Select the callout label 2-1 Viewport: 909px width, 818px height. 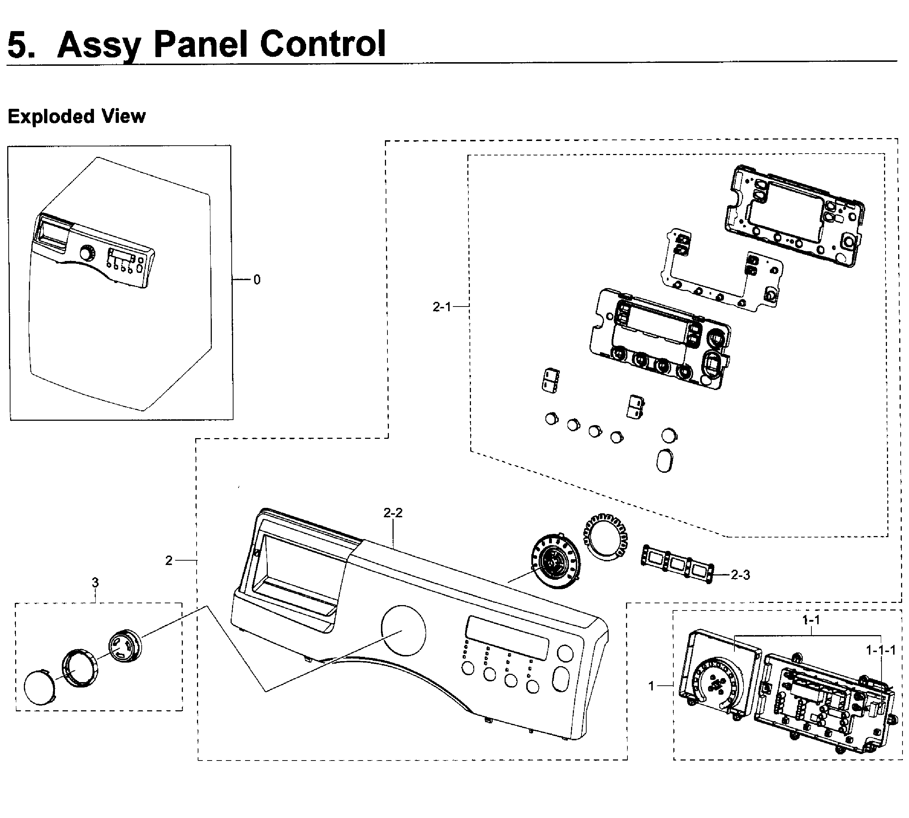click(x=441, y=307)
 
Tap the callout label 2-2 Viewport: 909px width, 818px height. click(x=393, y=513)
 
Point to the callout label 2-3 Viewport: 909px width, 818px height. click(x=740, y=575)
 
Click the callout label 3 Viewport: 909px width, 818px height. click(x=95, y=583)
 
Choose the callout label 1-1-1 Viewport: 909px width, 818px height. click(x=881, y=650)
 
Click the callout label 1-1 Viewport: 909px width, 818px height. click(x=811, y=620)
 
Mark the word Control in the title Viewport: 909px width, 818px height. click(x=323, y=44)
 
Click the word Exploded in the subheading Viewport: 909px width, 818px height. click(x=51, y=116)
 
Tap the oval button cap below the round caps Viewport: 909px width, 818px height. click(x=665, y=460)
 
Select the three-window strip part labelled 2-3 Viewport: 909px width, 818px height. click(x=676, y=564)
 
